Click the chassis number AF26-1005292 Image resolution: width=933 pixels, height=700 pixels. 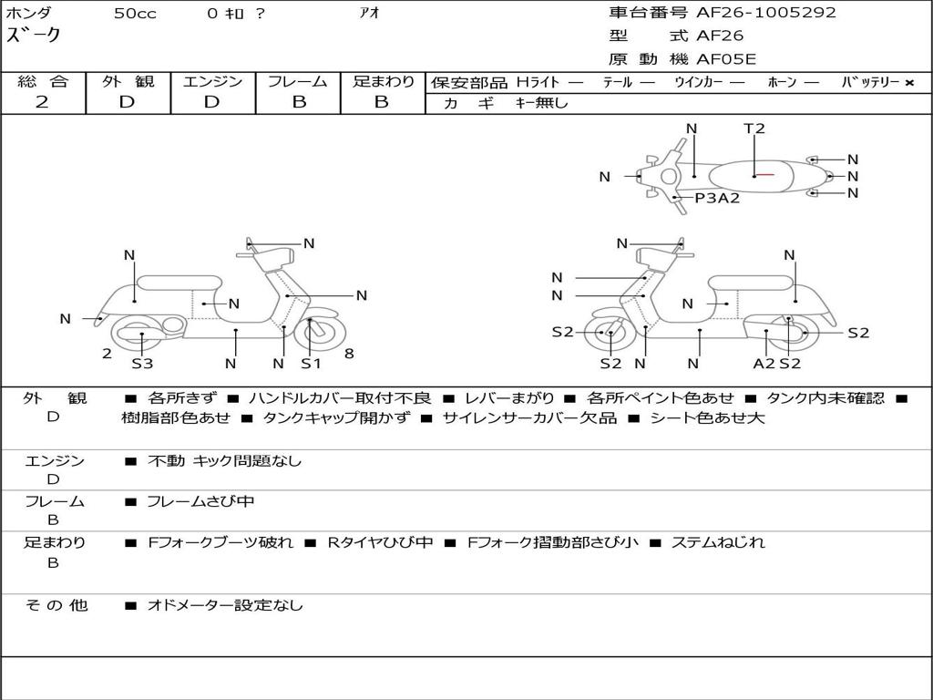coord(765,13)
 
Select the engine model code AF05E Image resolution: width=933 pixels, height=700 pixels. coord(726,60)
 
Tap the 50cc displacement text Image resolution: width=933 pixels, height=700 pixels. coord(135,14)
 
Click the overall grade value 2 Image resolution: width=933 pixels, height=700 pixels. coord(42,102)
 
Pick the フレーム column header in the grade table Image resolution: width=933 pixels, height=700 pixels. coord(298,82)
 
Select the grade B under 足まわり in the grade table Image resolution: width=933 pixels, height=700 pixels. coord(382,102)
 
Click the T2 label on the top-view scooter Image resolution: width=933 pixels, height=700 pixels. coord(754,129)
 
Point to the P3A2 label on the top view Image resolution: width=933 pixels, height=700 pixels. coord(717,198)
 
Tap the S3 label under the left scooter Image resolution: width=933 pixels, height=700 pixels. coord(142,364)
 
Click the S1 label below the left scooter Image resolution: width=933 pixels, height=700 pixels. coord(312,364)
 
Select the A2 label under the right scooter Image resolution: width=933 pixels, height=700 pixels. coord(764,364)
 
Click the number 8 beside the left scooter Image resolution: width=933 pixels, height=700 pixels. coord(350,353)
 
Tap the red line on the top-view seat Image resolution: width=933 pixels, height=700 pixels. coord(764,174)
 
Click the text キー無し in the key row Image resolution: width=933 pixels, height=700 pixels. coord(542,103)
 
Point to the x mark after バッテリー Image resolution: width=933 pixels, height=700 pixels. coord(908,82)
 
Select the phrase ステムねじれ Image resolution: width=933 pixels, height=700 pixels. coord(718,542)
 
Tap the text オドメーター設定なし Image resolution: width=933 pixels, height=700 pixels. coord(225,604)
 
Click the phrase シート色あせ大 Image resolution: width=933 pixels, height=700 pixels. coord(707,418)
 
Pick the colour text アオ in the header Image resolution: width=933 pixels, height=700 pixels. coord(370,14)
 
